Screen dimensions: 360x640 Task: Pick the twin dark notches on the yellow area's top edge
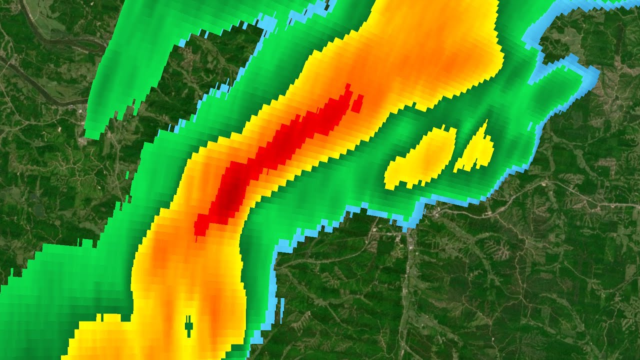(x=100, y=317)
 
